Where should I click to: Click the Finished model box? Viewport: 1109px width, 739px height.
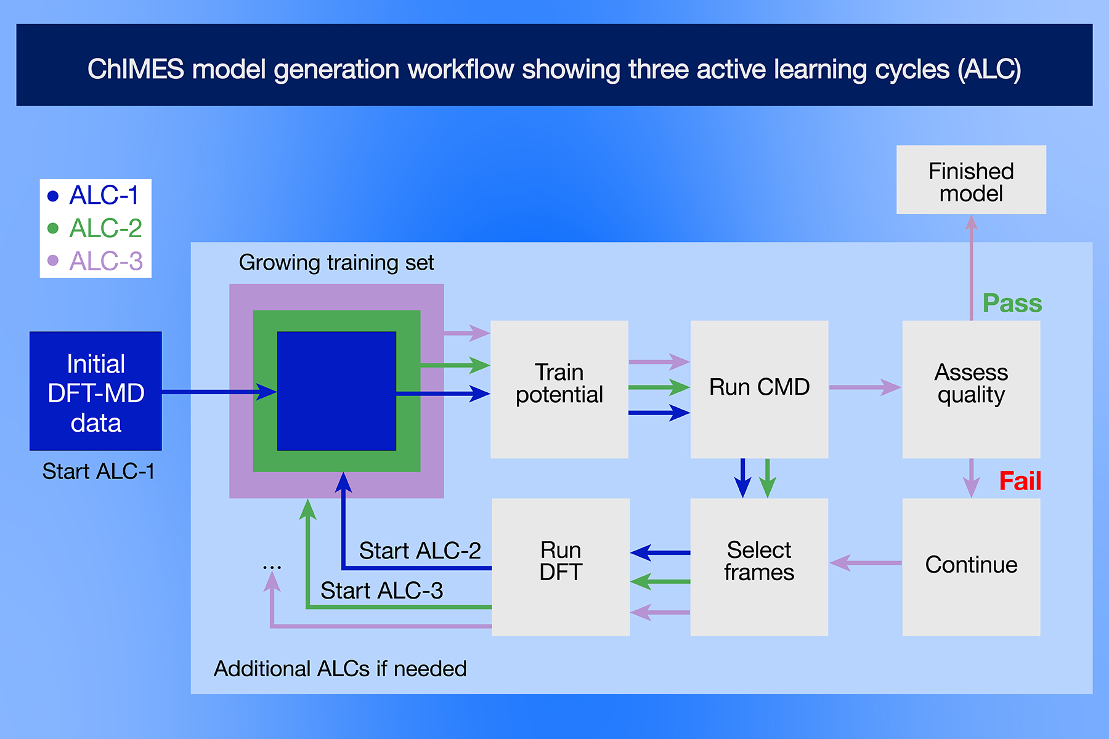click(971, 180)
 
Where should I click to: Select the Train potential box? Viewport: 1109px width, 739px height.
click(559, 389)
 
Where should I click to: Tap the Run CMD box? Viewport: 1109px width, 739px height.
click(759, 389)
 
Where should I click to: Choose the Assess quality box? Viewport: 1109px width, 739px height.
click(971, 389)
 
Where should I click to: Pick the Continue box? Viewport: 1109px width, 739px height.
click(971, 567)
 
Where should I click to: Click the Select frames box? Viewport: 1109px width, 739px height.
click(759, 567)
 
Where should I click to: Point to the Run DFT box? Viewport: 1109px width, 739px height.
click(561, 567)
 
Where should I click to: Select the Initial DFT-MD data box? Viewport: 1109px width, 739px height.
click(95, 392)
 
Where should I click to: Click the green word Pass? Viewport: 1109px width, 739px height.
click(1012, 303)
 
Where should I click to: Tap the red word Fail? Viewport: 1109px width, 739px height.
click(1020, 481)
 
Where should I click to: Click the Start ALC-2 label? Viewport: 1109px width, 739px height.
click(420, 551)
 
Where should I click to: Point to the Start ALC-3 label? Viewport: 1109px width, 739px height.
click(381, 591)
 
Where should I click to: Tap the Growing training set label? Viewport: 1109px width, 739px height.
click(336, 263)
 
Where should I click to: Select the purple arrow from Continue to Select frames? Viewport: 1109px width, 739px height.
click(865, 562)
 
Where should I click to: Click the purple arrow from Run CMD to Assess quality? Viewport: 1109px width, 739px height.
click(865, 387)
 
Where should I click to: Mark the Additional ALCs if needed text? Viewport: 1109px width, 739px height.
click(340, 669)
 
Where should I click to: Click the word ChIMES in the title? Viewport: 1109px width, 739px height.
click(136, 69)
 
